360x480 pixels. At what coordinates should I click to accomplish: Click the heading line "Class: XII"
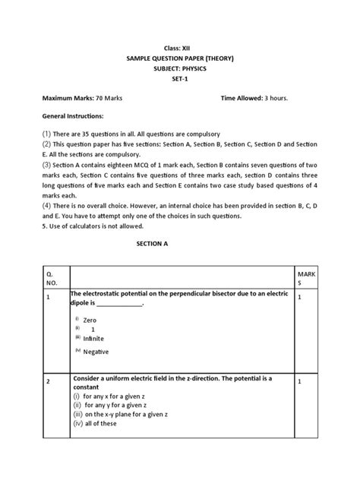[180, 47]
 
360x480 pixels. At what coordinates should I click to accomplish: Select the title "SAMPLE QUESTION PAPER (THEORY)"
[180, 58]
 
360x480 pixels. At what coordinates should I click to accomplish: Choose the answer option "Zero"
[90, 321]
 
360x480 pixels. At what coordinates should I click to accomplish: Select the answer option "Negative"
[96, 352]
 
